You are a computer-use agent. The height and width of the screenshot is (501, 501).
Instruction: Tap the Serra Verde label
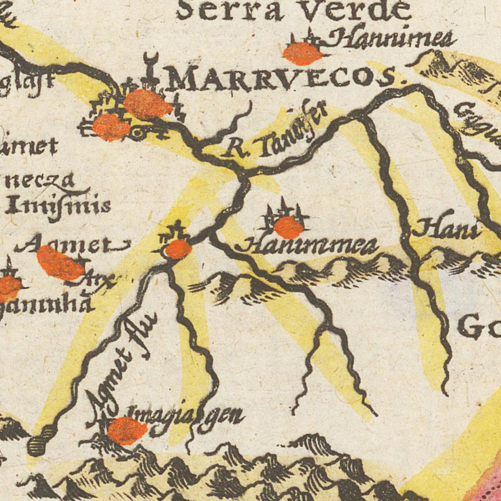point(293,10)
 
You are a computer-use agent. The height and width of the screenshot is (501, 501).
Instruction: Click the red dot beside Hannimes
point(302,54)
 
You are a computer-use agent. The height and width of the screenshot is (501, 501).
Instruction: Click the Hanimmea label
point(307,245)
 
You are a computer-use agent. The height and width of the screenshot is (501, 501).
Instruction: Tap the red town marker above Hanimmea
point(288,227)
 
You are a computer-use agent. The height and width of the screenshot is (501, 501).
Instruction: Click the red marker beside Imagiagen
point(127,430)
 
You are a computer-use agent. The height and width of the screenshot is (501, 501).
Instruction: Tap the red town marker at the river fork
point(178,249)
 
